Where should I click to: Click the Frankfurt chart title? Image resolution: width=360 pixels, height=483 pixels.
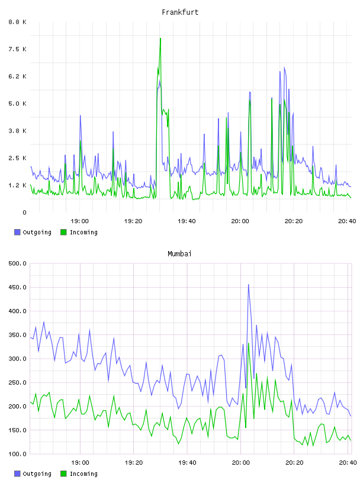pyautogui.click(x=180, y=12)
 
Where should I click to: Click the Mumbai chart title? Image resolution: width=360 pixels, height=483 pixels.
pyautogui.click(x=179, y=254)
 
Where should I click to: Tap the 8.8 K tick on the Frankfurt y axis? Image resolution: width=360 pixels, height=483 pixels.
pyautogui.click(x=18, y=22)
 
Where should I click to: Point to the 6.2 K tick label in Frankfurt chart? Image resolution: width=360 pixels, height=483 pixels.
pyautogui.click(x=18, y=76)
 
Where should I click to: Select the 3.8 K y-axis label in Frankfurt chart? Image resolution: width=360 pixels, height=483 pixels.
pyautogui.click(x=18, y=131)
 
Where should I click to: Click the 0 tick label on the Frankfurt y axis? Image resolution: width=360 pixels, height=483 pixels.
pyautogui.click(x=24, y=212)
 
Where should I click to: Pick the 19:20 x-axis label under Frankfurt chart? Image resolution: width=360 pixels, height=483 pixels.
pyautogui.click(x=133, y=221)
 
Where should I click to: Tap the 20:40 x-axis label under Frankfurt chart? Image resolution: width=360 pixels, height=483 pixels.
pyautogui.click(x=347, y=221)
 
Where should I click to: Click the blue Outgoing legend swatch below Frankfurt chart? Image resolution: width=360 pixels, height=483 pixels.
pyautogui.click(x=17, y=232)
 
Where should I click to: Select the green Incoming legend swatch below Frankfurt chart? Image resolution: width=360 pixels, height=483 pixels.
pyautogui.click(x=63, y=232)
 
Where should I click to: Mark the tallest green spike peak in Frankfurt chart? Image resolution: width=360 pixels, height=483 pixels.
pyautogui.click(x=160, y=38)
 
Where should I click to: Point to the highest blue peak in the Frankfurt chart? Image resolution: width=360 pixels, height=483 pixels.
pyautogui.click(x=284, y=67)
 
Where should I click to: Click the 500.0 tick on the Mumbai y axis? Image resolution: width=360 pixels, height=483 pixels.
pyautogui.click(x=18, y=263)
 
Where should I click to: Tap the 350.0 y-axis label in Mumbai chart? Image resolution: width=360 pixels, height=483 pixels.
pyautogui.click(x=18, y=335)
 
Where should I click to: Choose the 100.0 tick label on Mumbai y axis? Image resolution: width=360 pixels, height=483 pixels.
pyautogui.click(x=18, y=454)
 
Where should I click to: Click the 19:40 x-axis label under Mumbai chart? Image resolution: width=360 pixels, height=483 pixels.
pyautogui.click(x=187, y=463)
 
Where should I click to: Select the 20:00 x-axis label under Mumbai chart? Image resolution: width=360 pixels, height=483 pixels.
pyautogui.click(x=241, y=463)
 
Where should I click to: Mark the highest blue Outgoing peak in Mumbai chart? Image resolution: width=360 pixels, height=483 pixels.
pyautogui.click(x=249, y=285)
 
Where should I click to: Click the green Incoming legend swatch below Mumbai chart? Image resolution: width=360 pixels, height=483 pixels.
pyautogui.click(x=63, y=474)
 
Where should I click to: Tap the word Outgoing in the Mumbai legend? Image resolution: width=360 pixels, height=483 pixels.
pyautogui.click(x=37, y=474)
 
